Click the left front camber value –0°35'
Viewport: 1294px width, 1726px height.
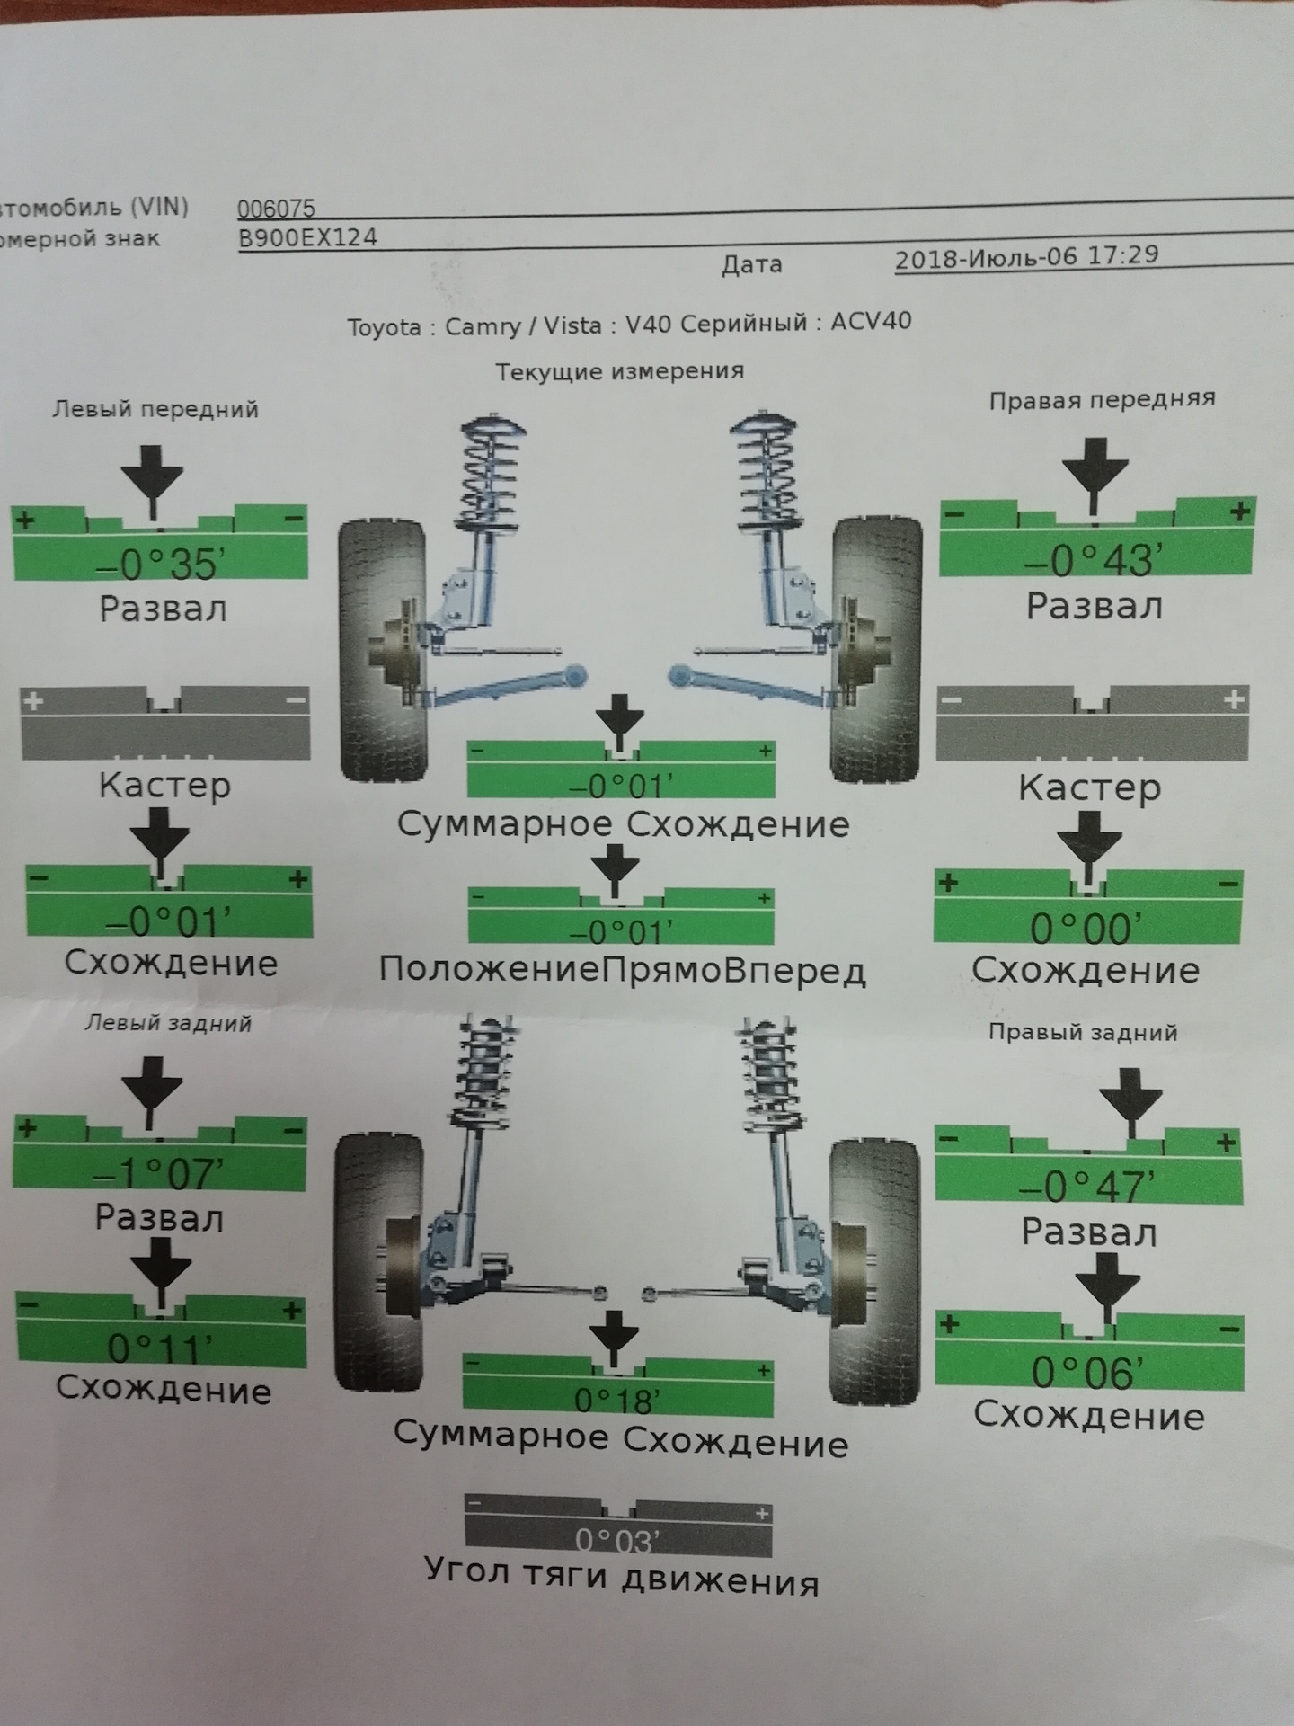159,564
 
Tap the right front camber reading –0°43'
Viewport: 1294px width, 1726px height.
1088,561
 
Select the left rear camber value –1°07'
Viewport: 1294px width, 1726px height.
158,1172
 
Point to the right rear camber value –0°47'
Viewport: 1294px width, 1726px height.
1086,1187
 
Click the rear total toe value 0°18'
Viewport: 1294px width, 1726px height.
617,1400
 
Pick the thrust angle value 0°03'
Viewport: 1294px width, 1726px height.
617,1541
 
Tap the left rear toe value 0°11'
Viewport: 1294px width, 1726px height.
161,1347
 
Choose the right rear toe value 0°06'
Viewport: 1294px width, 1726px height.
1087,1372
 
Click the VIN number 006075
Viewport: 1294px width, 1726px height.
276,209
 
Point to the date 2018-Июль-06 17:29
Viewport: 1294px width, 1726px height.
1026,258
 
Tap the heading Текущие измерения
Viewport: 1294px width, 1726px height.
620,370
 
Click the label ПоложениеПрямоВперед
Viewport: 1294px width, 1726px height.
622,971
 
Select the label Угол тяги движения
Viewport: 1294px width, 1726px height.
621,1580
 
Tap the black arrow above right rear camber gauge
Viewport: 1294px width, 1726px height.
1130,1100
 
